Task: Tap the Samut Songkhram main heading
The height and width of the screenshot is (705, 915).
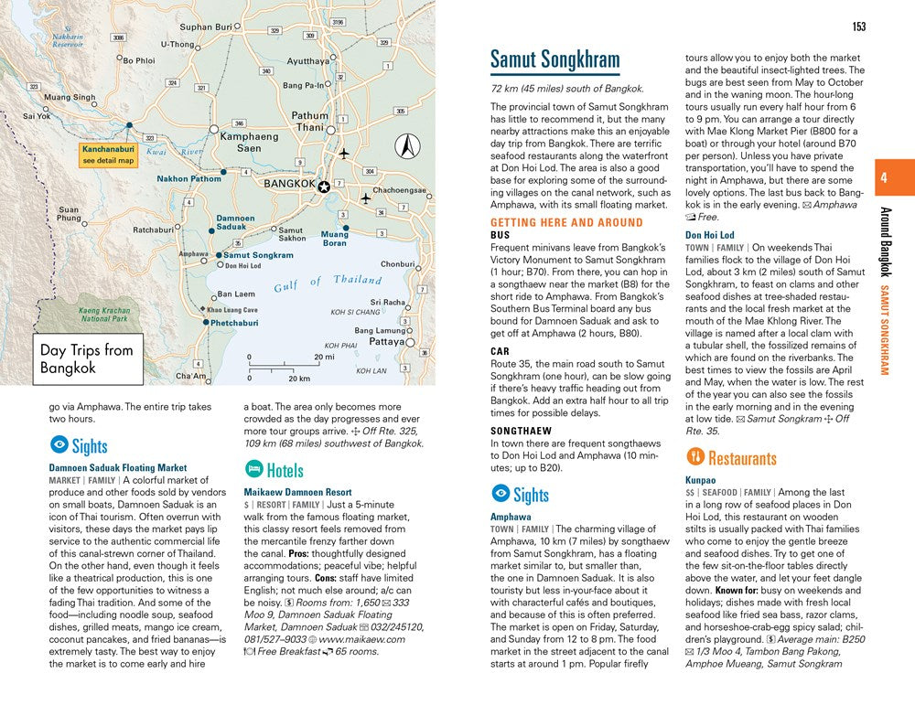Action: (554, 60)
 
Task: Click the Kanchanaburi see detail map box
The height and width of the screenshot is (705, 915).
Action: (107, 155)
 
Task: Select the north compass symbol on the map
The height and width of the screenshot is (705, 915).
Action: (407, 145)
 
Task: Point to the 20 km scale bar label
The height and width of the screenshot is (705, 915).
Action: (297, 378)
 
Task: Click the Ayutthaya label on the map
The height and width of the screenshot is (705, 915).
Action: (307, 61)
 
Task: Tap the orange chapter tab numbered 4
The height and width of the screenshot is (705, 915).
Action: (884, 178)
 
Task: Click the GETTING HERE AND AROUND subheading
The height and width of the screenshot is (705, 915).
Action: (566, 222)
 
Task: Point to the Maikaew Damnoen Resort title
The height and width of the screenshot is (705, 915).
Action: (297, 492)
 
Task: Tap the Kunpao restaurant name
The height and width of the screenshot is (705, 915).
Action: (700, 479)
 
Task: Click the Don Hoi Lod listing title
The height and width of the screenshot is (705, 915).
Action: (709, 235)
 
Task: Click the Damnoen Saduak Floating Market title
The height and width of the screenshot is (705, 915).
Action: (117, 467)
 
